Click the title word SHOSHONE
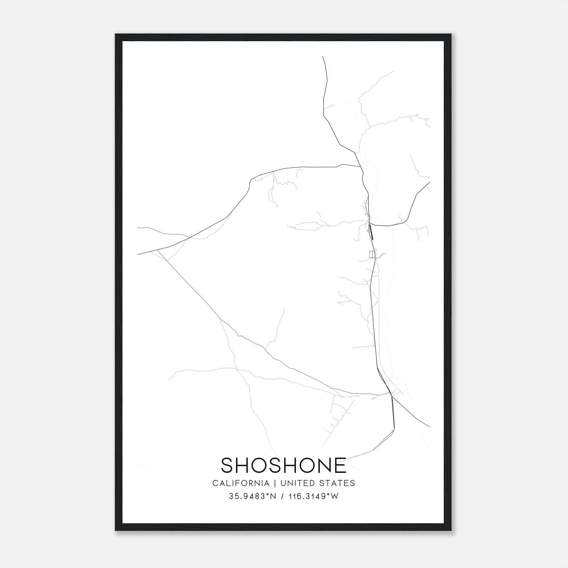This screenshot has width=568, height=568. (x=284, y=465)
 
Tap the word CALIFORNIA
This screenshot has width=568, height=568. (x=241, y=483)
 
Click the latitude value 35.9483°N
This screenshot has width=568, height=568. (x=252, y=496)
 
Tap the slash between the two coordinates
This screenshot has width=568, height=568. (x=283, y=496)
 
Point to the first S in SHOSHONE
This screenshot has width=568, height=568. (x=227, y=465)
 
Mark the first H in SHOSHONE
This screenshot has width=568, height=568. (x=245, y=465)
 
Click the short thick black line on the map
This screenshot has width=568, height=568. (x=371, y=232)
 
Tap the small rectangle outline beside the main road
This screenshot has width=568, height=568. (x=372, y=254)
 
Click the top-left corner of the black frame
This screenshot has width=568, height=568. (x=116, y=35)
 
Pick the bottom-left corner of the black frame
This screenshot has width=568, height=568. (x=116, y=530)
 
